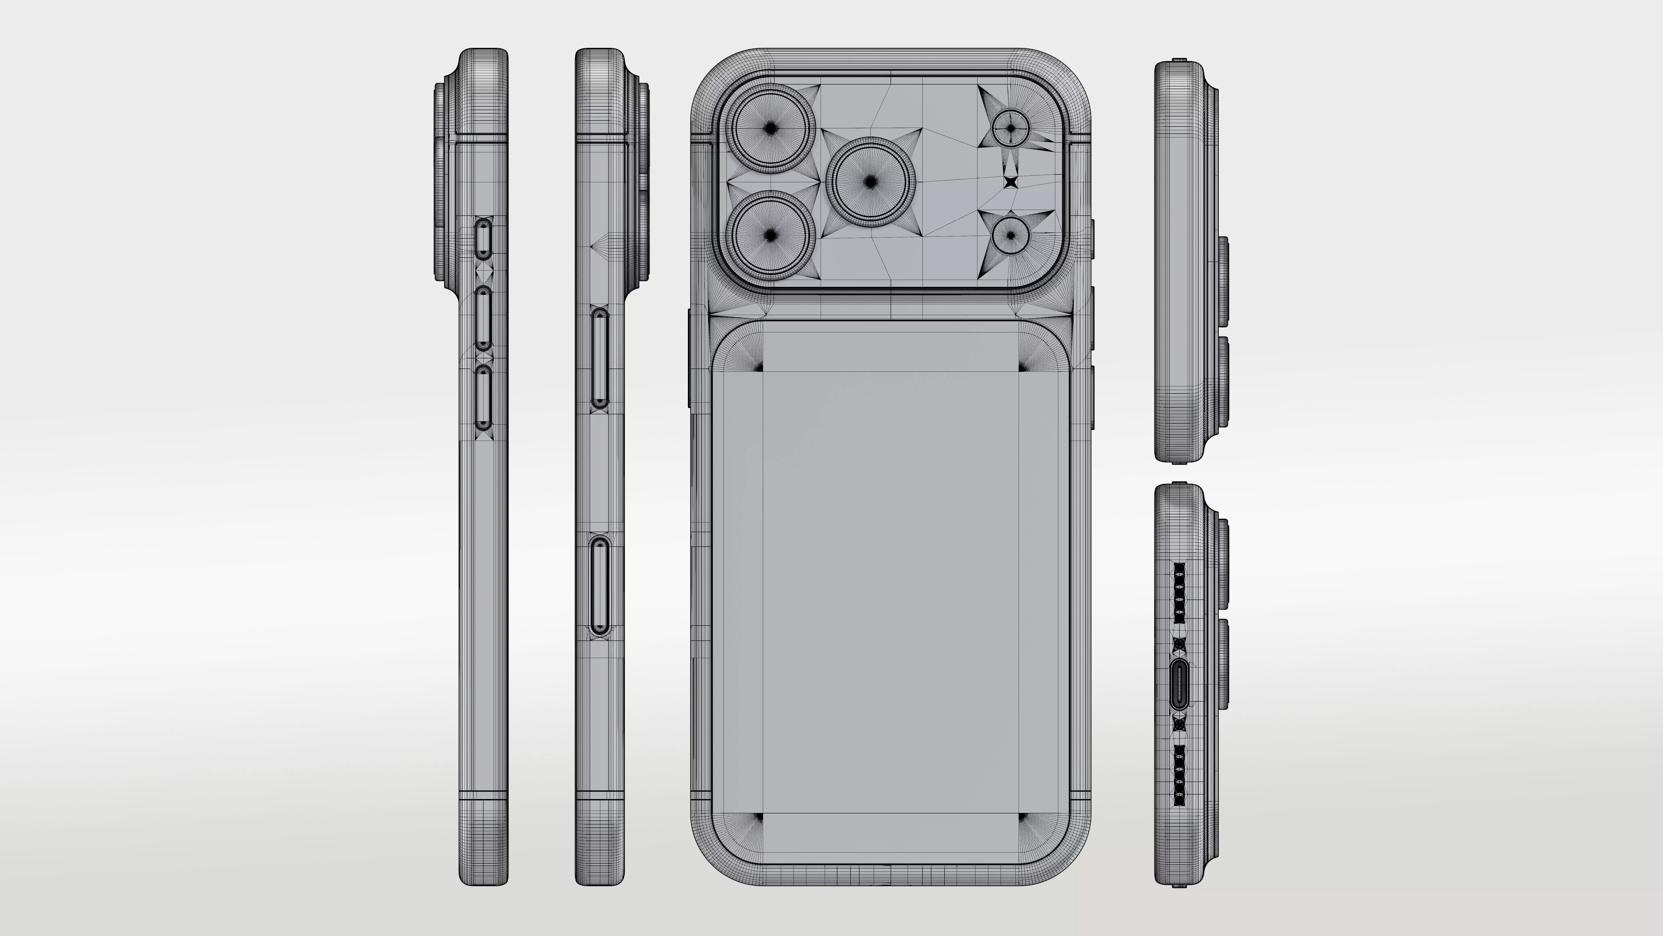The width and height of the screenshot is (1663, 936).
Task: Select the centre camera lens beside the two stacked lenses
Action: click(x=870, y=182)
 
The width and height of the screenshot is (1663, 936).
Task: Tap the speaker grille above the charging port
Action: click(x=1179, y=592)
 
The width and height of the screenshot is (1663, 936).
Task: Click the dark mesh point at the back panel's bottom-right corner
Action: click(x=1022, y=818)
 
